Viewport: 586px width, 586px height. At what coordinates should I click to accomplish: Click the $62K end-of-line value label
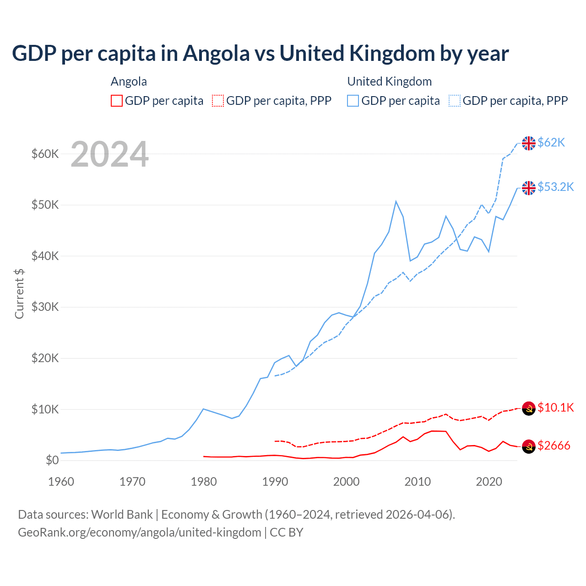551,143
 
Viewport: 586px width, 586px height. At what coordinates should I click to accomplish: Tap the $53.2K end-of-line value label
555,187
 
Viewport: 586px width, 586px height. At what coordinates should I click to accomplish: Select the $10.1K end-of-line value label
555,408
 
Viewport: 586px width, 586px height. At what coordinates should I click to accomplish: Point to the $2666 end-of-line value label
554,446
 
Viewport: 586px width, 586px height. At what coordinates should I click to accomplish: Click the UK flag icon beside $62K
529,143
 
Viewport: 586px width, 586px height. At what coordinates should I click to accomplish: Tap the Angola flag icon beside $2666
529,446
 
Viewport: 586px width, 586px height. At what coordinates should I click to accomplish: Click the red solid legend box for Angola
117,101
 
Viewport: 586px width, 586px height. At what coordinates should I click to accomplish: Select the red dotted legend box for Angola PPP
218,101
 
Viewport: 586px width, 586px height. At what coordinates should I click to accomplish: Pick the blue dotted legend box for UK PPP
455,101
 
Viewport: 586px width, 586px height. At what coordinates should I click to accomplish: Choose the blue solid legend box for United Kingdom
353,101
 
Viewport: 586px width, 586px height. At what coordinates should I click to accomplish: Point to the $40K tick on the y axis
45,256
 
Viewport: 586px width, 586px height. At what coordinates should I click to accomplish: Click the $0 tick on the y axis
52,460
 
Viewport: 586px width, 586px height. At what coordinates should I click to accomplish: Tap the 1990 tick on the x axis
275,482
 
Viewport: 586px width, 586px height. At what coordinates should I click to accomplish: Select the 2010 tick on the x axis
418,482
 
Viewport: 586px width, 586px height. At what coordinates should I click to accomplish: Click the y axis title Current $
19,293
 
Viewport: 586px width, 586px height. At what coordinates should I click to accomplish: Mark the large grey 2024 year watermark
109,154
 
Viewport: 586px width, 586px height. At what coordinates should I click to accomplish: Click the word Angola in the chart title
216,54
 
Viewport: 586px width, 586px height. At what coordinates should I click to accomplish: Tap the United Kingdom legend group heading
390,81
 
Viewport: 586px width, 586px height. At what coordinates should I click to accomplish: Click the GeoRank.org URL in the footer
139,532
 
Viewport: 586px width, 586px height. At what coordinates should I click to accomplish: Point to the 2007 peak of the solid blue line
396,201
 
